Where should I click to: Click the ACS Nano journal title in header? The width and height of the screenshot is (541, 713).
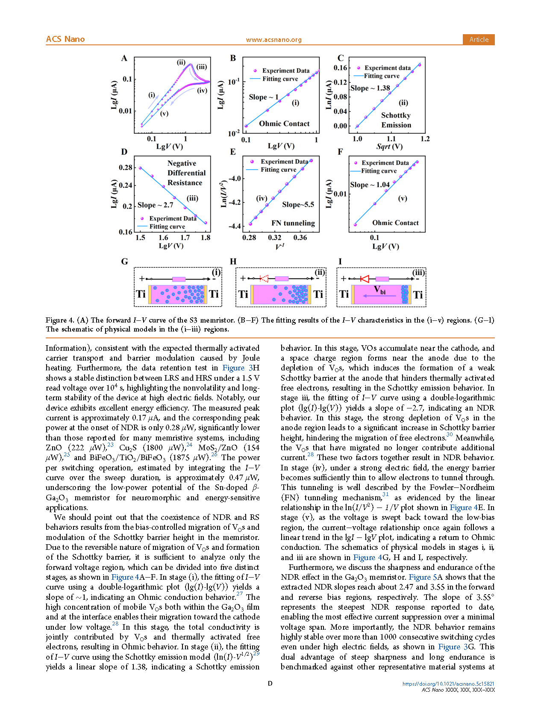click(x=65, y=39)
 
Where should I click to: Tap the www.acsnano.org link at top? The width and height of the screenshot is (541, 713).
click(x=273, y=40)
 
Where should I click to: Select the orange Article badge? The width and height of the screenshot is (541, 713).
click(x=479, y=39)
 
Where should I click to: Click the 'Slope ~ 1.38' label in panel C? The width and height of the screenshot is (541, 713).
click(x=370, y=88)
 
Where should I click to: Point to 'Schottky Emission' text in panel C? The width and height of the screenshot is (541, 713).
click(x=396, y=120)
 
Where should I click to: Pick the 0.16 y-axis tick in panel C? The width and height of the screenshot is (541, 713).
click(x=340, y=68)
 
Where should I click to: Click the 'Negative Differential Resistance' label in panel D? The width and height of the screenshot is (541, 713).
click(x=186, y=173)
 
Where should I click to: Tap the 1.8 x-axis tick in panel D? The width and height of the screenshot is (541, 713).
click(x=206, y=238)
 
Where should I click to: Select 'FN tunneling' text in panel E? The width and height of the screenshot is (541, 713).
click(x=293, y=223)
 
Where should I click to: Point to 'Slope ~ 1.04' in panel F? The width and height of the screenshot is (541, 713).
click(x=370, y=185)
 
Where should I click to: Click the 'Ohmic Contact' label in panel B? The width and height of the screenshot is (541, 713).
click(x=284, y=124)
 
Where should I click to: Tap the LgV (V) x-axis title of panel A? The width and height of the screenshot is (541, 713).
click(x=170, y=147)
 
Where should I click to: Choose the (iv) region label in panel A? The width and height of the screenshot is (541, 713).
click(x=202, y=91)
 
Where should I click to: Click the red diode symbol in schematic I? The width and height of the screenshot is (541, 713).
click(x=365, y=279)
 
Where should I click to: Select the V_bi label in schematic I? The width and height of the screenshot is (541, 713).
click(x=380, y=290)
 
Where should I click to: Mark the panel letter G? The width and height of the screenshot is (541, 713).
click(x=124, y=261)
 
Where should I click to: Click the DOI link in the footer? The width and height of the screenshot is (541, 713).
click(x=448, y=684)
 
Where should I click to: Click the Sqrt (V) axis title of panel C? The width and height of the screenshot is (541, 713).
click(x=389, y=147)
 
